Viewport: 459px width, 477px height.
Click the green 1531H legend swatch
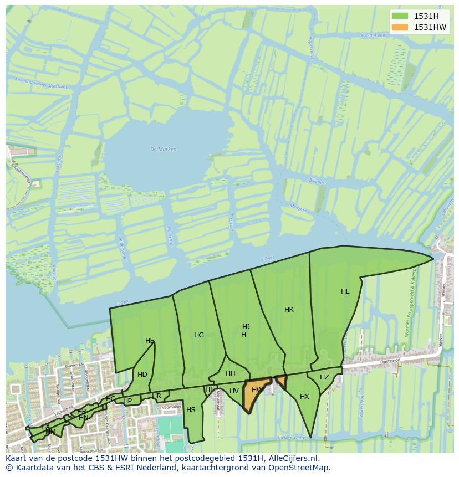[x=399, y=16]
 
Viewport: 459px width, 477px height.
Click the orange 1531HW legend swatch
[x=399, y=27]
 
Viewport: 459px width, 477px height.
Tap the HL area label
[x=345, y=291]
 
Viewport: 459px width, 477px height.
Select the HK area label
[x=289, y=310]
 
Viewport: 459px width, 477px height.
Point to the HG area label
[x=199, y=335]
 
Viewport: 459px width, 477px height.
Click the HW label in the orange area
[x=257, y=390]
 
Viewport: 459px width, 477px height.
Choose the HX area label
[x=304, y=397]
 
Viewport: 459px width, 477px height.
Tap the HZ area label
[x=324, y=377]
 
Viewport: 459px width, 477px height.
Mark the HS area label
[x=191, y=410]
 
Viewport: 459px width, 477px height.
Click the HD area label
[x=142, y=375]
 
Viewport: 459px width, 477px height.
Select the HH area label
[x=231, y=373]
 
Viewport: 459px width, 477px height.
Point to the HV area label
[x=234, y=391]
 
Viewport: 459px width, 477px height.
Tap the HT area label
[x=210, y=389]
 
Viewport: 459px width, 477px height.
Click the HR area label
[x=156, y=396]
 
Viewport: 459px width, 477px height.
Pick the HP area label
[x=127, y=401]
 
